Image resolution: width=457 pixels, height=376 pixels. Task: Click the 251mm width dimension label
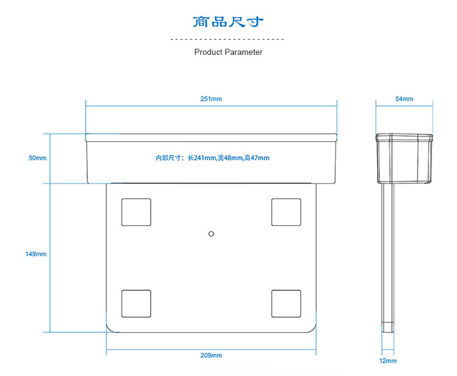[211, 99]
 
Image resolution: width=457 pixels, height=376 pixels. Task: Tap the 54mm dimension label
[404, 99]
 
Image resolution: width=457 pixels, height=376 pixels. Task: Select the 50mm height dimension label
[37, 158]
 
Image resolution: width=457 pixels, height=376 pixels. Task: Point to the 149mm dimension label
[36, 254]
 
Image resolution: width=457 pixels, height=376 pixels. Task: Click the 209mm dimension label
[211, 355]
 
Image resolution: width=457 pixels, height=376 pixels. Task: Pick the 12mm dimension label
[388, 361]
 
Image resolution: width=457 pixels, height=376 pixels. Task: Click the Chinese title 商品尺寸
[228, 23]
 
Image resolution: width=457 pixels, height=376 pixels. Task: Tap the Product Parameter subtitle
[228, 52]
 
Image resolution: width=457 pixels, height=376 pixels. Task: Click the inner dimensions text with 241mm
[212, 158]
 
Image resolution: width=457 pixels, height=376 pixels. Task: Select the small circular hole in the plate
[211, 233]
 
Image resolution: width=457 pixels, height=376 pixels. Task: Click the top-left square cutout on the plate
[136, 212]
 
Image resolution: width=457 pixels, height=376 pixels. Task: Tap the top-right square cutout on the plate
[286, 212]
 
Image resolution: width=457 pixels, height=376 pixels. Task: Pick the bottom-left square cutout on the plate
[136, 303]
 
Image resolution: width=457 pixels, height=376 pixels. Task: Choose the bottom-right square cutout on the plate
[286, 303]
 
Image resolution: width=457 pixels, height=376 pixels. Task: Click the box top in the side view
[404, 137]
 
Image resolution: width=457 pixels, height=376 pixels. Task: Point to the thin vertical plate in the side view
[388, 256]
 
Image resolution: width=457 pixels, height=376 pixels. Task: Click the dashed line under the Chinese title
[228, 39]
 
